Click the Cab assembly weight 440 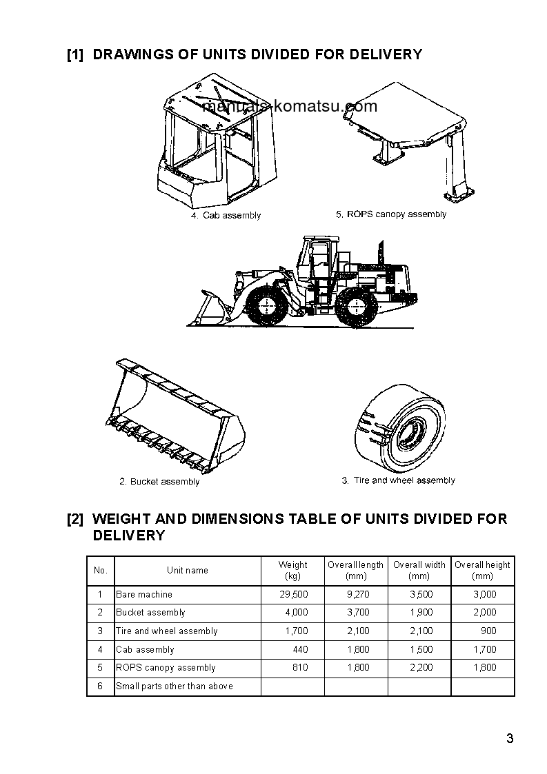[x=300, y=649]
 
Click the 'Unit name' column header [x=187, y=570]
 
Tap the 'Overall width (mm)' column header [x=419, y=570]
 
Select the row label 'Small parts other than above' [x=175, y=686]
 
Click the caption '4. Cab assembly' [x=226, y=216]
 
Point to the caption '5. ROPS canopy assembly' [x=391, y=214]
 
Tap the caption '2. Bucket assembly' [x=159, y=482]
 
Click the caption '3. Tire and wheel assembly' [x=398, y=480]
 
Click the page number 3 [x=509, y=740]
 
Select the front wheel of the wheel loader [x=264, y=307]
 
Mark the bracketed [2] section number [x=75, y=518]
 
